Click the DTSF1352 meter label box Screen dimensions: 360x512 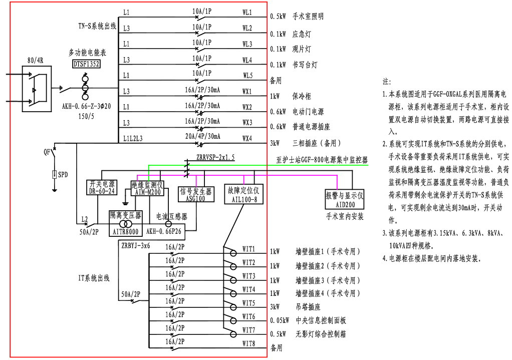tap(86, 64)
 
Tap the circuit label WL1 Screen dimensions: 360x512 tap(247, 12)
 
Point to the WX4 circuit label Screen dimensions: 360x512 tap(247, 138)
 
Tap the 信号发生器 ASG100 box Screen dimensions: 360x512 tap(192, 194)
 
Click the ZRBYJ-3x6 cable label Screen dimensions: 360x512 tap(135, 245)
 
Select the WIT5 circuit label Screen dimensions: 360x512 tap(249, 303)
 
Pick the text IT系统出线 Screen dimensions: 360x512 tap(93, 278)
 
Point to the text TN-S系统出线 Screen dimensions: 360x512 tap(97, 26)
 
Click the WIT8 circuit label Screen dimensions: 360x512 tap(249, 343)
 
